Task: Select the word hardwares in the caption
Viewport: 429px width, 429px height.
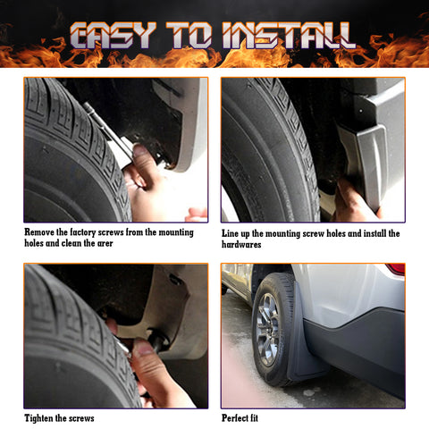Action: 246,244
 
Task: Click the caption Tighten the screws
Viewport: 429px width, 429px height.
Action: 59,417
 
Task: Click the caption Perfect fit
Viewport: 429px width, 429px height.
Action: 241,417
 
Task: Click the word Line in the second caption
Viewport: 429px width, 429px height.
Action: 231,233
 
